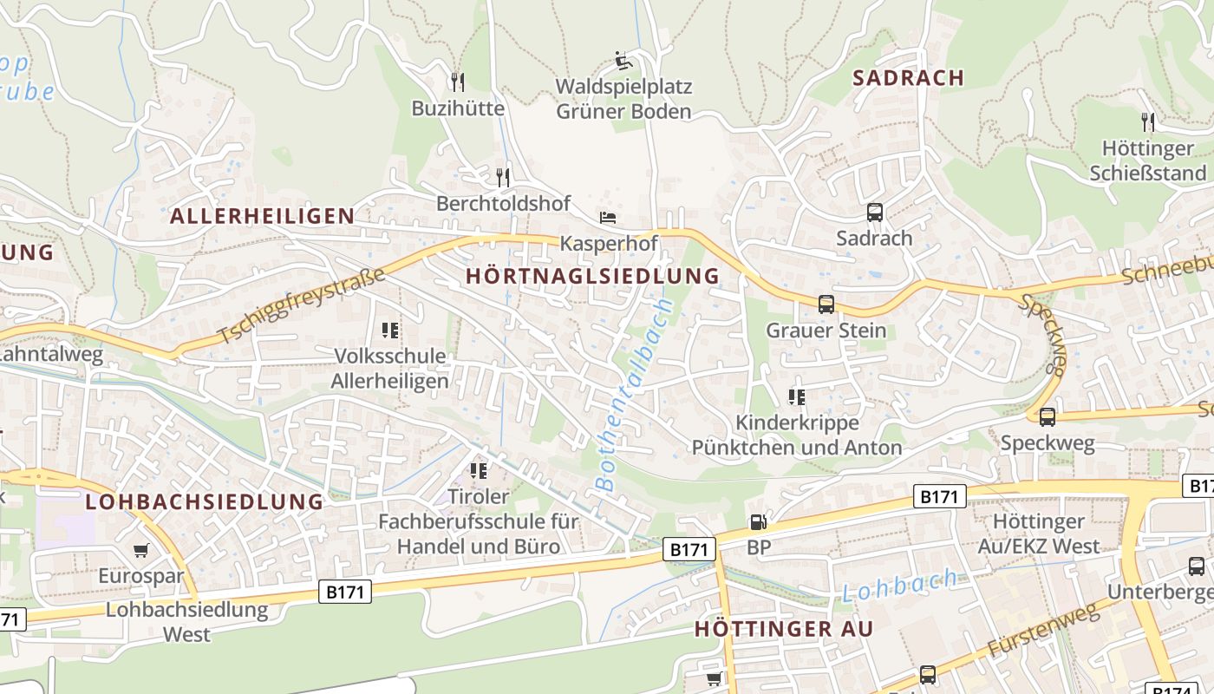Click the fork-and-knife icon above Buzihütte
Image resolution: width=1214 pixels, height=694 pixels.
click(x=458, y=82)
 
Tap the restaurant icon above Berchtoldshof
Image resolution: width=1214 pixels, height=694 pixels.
click(x=503, y=177)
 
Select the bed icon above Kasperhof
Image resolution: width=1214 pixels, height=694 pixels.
click(x=608, y=216)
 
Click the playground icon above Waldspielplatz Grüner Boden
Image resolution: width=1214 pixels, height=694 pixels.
click(x=623, y=61)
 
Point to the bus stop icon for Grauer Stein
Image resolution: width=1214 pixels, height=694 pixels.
click(x=826, y=304)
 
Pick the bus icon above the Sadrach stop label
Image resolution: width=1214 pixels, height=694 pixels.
click(x=874, y=212)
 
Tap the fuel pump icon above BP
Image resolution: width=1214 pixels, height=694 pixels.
click(x=758, y=521)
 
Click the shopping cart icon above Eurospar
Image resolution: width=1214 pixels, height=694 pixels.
click(x=140, y=550)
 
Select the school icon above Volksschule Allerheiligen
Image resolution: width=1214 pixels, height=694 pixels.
click(x=390, y=330)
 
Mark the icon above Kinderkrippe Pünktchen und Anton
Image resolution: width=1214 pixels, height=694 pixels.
click(x=796, y=396)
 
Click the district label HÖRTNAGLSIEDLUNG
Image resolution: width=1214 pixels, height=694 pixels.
click(x=593, y=276)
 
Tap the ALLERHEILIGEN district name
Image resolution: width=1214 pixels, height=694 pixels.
click(x=263, y=216)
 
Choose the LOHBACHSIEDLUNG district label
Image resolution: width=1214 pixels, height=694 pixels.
click(x=205, y=501)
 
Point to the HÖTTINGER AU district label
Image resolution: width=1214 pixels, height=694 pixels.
click(x=784, y=629)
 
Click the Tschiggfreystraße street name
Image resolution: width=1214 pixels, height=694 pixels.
click(x=300, y=306)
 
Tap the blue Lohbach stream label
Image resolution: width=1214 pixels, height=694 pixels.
click(x=901, y=586)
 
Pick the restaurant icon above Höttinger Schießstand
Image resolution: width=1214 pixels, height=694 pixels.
click(x=1148, y=121)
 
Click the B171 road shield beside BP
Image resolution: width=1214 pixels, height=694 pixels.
click(x=690, y=548)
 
